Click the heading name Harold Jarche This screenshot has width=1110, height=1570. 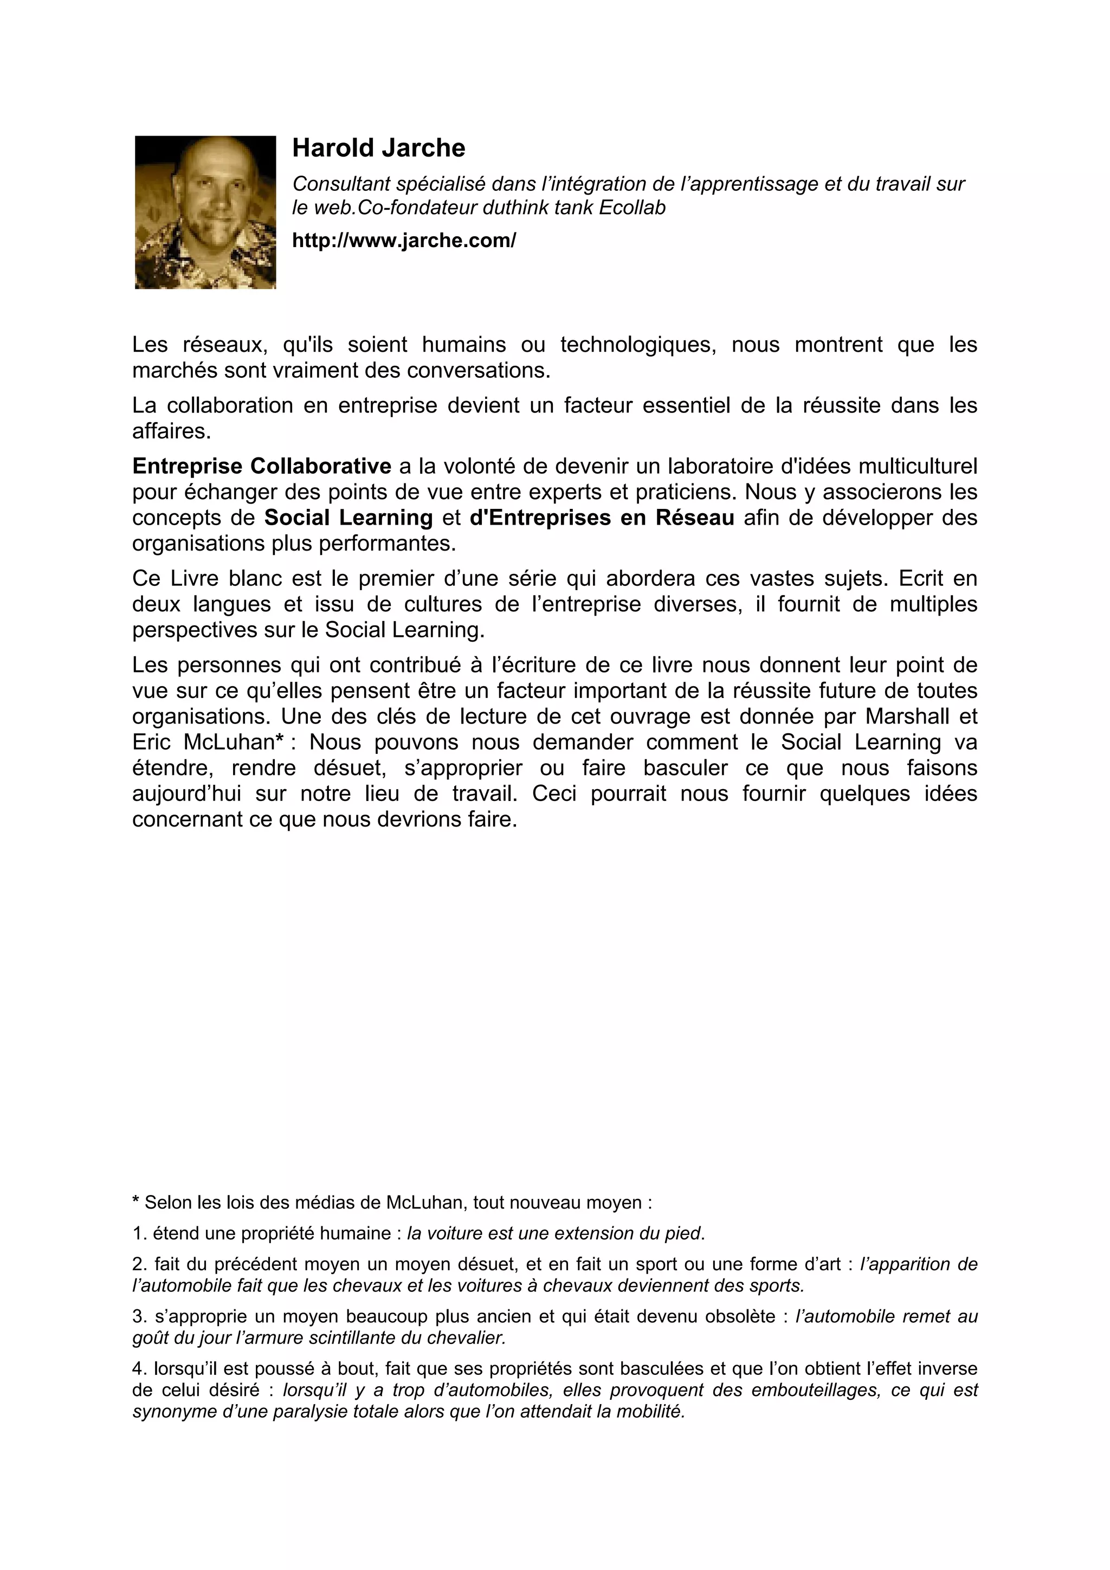click(378, 148)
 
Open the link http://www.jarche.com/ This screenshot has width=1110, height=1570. click(403, 240)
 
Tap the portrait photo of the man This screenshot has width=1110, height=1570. click(205, 212)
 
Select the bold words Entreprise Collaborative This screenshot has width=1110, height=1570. click(261, 467)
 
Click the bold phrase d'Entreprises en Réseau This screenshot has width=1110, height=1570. click(602, 518)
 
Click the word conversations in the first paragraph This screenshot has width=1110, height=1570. click(478, 371)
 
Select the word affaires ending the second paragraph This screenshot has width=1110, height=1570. click(171, 431)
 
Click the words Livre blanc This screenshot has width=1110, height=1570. click(225, 578)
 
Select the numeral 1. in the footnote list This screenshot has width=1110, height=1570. click(139, 1233)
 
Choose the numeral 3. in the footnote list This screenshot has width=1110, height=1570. click(139, 1316)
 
